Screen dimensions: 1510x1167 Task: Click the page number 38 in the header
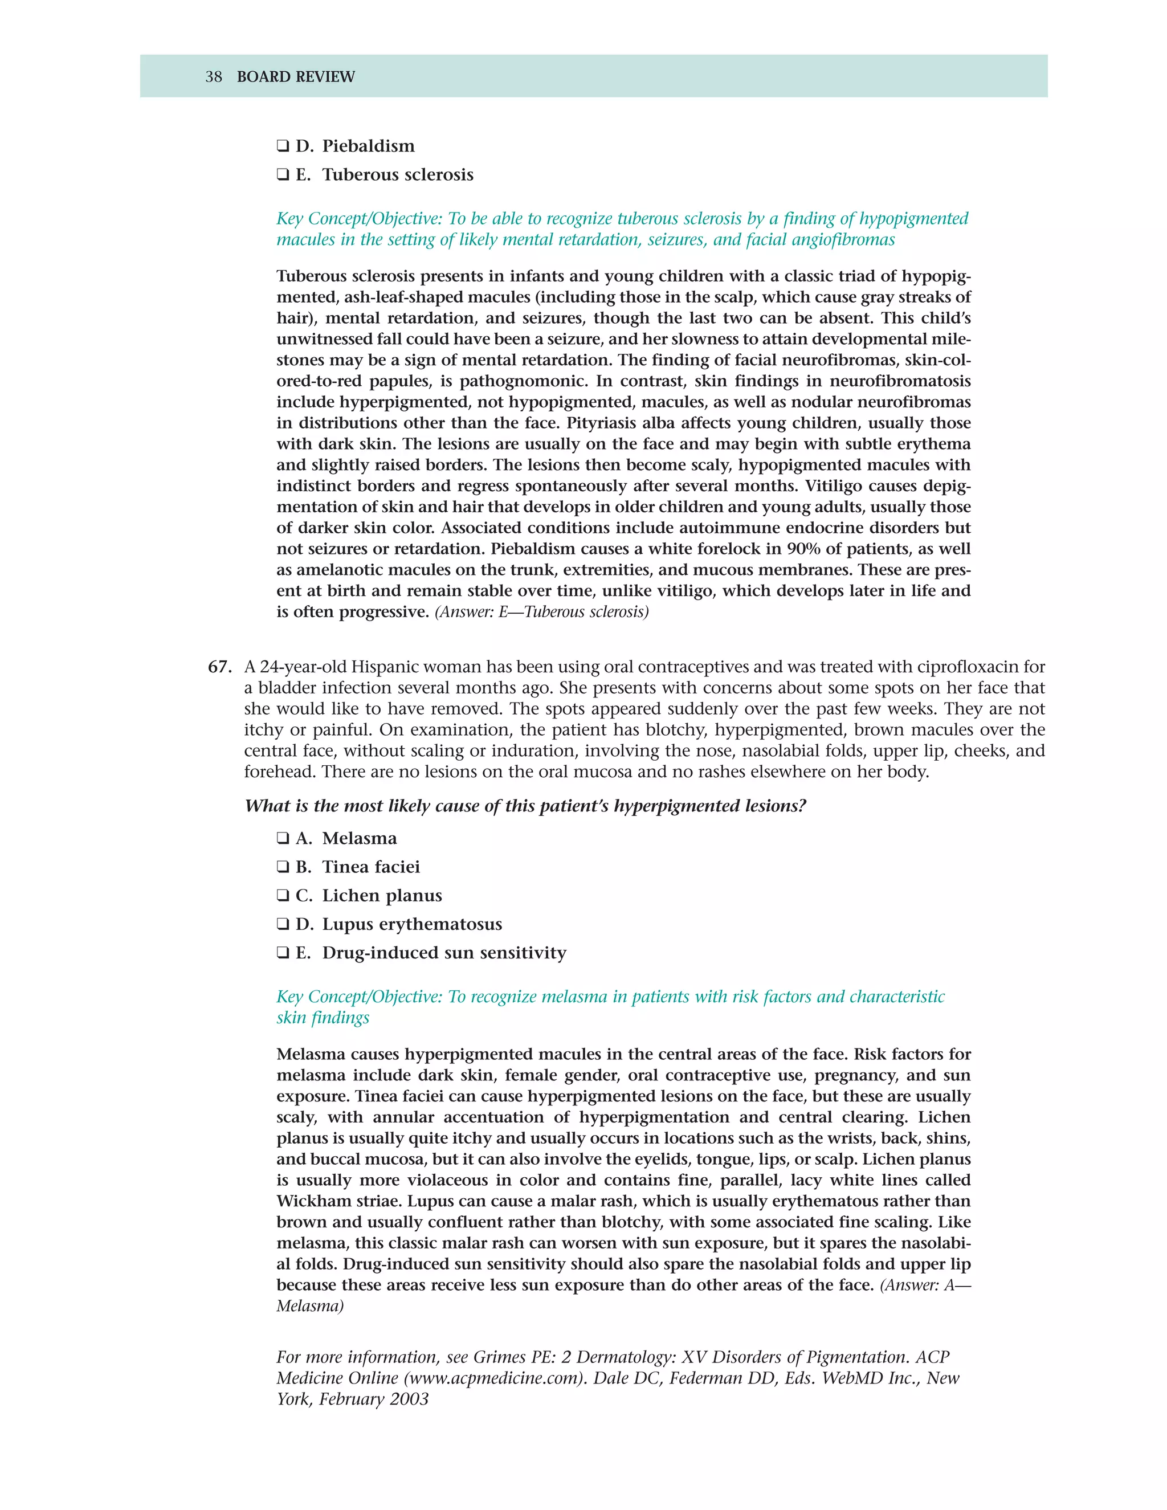(214, 77)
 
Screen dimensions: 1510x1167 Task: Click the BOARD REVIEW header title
(296, 77)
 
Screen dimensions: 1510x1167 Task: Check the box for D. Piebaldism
(283, 146)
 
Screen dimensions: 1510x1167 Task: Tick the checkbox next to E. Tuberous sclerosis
(283, 175)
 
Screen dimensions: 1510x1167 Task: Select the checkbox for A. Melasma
(283, 839)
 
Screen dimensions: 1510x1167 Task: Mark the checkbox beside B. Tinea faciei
(283, 867)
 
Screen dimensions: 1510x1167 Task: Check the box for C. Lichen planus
(283, 896)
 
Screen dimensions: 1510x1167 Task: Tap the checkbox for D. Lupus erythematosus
(283, 924)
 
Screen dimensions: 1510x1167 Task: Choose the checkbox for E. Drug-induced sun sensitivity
(283, 953)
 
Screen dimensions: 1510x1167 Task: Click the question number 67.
(219, 667)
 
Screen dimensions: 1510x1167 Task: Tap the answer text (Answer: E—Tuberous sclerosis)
(541, 612)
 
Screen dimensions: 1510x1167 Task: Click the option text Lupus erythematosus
(412, 924)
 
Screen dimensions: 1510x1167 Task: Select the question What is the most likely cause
(525, 806)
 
